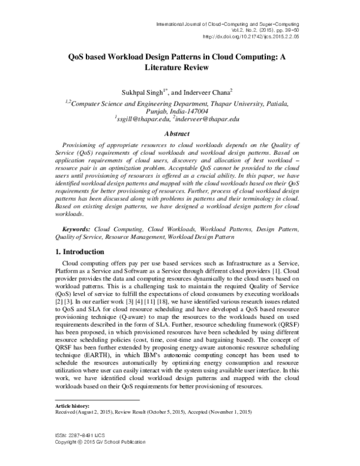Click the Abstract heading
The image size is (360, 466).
coord(180,136)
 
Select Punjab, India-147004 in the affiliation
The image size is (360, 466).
coord(180,111)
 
